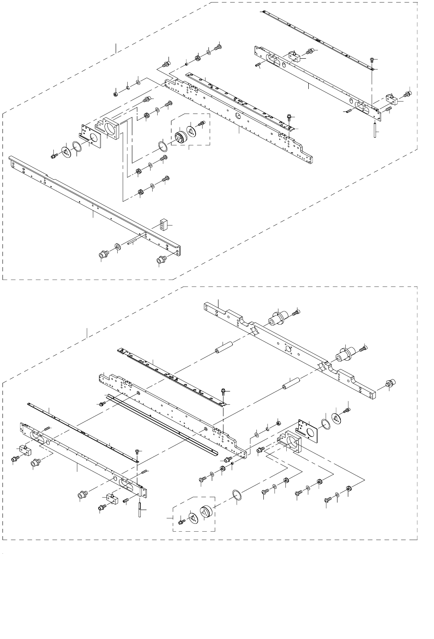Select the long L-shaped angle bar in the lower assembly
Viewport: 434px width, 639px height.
coord(162,424)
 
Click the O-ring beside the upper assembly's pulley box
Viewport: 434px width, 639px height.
coord(163,147)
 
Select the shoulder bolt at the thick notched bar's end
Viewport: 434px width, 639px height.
coord(390,383)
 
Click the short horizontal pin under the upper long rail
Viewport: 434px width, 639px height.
coord(135,240)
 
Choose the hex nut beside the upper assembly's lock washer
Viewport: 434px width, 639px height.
coord(115,93)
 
